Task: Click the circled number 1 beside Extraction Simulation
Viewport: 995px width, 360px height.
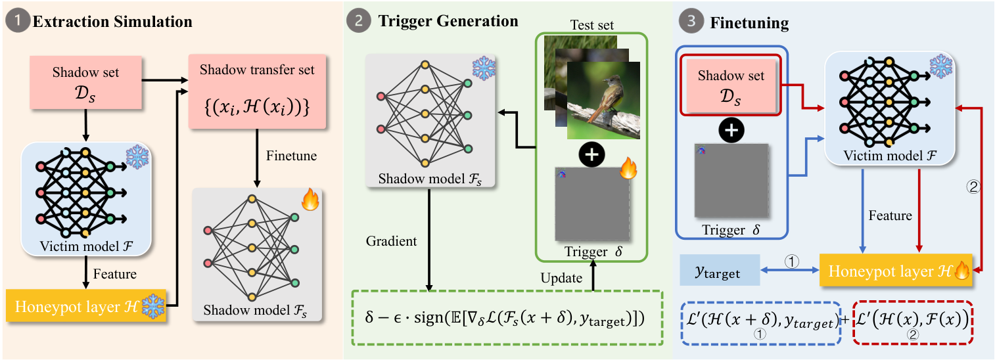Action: coord(17,21)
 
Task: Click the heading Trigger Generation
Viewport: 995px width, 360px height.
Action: coord(448,21)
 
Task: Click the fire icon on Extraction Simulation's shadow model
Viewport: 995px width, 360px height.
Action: coord(308,200)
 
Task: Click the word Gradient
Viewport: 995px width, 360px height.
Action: coord(392,241)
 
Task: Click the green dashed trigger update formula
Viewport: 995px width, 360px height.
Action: coord(507,317)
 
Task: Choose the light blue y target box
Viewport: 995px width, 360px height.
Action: coord(720,270)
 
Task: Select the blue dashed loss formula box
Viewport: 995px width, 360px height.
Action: coord(761,322)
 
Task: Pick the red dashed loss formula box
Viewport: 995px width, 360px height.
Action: coord(913,322)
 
